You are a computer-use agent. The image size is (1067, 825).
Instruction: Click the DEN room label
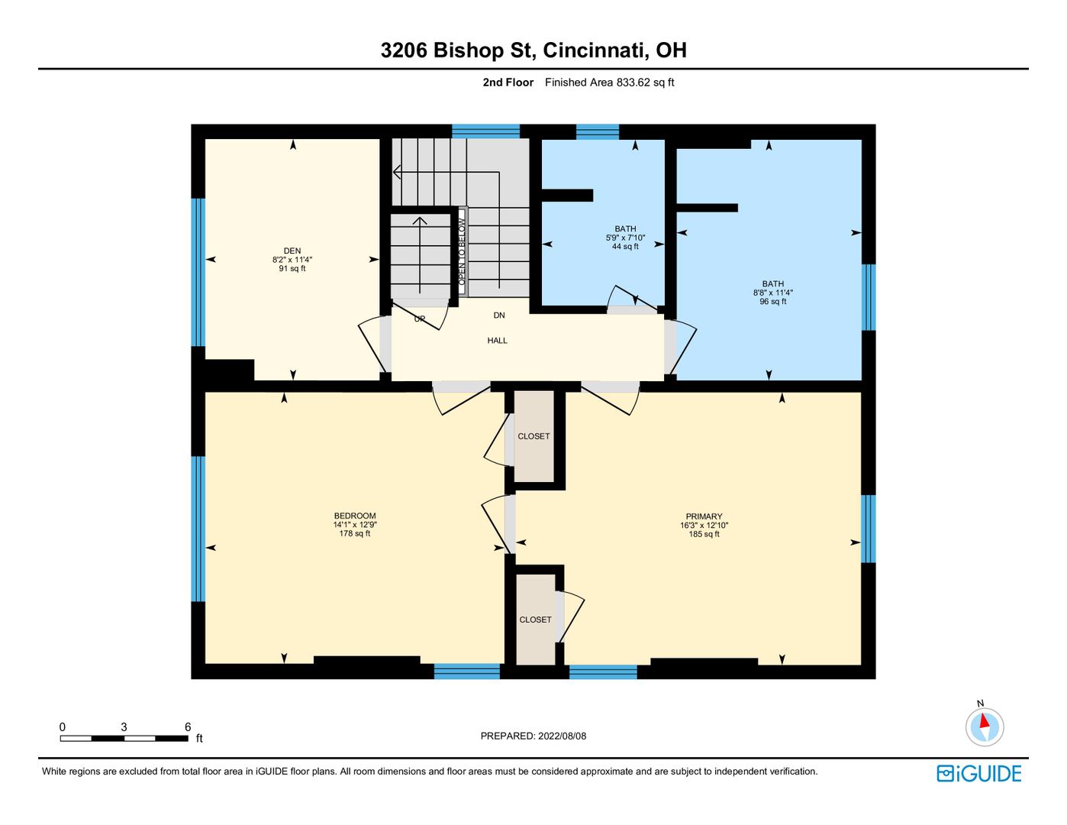pyautogui.click(x=292, y=251)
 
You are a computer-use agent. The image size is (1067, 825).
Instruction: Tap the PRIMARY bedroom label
pyautogui.click(x=704, y=516)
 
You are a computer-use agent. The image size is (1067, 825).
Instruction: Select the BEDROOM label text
pyautogui.click(x=354, y=516)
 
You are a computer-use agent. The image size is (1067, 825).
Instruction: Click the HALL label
pyautogui.click(x=497, y=340)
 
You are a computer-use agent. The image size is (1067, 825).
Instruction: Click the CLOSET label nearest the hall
pyautogui.click(x=533, y=436)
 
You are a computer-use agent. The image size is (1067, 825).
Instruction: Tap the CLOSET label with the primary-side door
pyautogui.click(x=535, y=620)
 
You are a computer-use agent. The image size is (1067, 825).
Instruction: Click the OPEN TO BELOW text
pyautogui.click(x=462, y=252)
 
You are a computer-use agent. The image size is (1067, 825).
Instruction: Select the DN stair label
pyautogui.click(x=499, y=315)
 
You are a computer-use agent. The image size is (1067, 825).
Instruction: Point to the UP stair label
pyautogui.click(x=419, y=319)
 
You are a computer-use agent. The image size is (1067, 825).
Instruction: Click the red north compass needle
pyautogui.click(x=984, y=721)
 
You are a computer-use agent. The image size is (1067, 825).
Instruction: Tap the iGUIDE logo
pyautogui.click(x=978, y=773)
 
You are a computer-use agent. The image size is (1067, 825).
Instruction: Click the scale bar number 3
pyautogui.click(x=124, y=726)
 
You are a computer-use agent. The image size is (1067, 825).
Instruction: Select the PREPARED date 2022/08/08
pyautogui.click(x=562, y=736)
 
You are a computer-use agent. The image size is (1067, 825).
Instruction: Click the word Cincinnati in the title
pyautogui.click(x=595, y=50)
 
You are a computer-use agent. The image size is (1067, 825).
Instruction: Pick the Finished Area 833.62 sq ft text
pyautogui.click(x=609, y=82)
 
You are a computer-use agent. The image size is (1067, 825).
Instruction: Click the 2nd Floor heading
pyautogui.click(x=508, y=82)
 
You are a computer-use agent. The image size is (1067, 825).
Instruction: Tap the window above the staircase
pyautogui.click(x=485, y=131)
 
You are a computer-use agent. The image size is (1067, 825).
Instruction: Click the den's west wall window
pyautogui.click(x=198, y=272)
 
